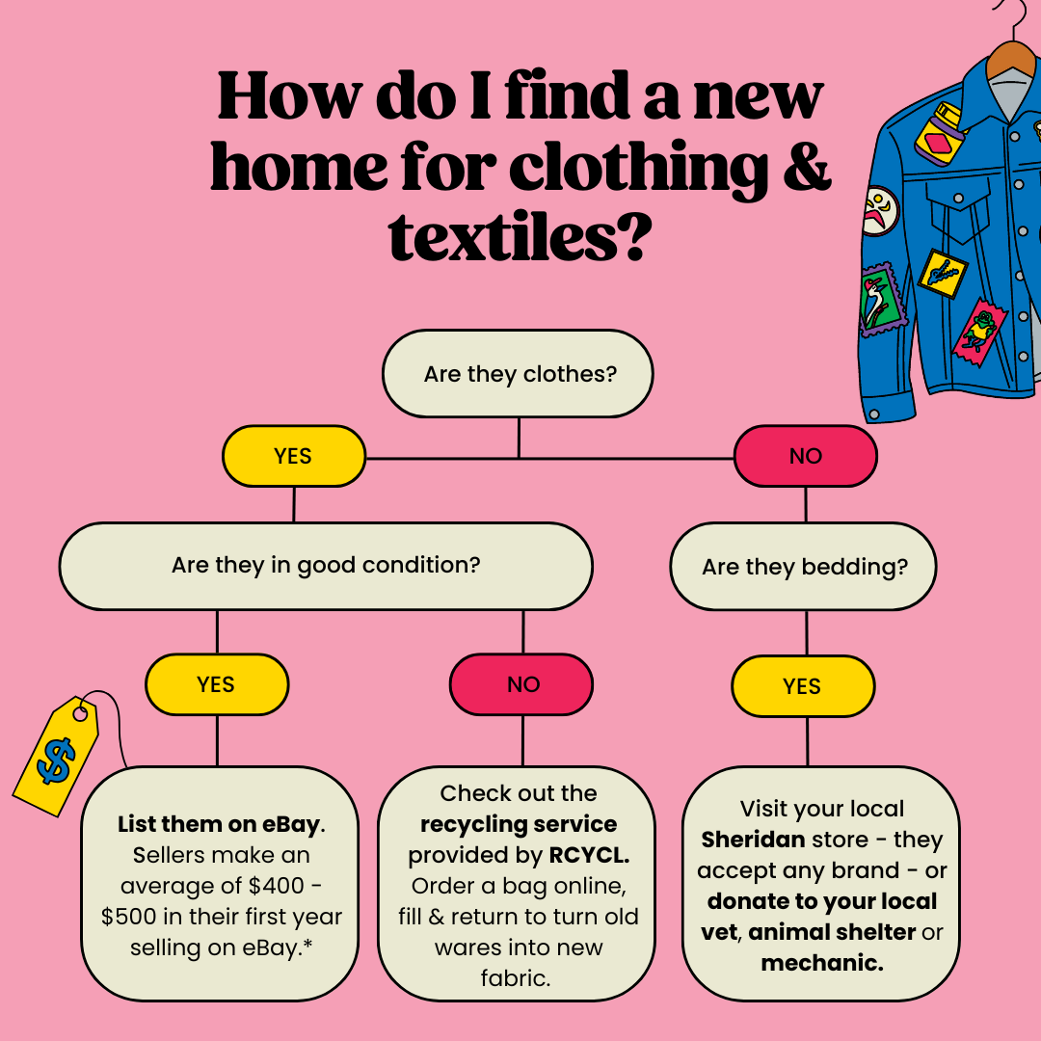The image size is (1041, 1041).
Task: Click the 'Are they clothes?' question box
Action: (518, 374)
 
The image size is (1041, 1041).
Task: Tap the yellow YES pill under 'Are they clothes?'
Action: (293, 456)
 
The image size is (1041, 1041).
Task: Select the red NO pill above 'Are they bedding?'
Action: (805, 456)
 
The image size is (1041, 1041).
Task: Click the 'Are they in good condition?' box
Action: (326, 566)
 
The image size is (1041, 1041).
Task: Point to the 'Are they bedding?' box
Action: (803, 567)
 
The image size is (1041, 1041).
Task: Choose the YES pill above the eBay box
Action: (217, 684)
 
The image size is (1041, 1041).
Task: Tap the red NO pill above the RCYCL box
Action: (521, 684)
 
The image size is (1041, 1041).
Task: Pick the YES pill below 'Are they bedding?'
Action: (803, 686)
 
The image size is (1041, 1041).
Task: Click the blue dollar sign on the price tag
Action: (57, 761)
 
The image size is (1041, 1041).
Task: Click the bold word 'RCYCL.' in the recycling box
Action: (589, 855)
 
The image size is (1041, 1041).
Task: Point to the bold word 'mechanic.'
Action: (822, 963)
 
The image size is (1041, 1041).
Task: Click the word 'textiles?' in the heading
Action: (518, 238)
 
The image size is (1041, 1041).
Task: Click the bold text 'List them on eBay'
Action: (219, 824)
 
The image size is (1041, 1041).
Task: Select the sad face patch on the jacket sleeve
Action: (880, 211)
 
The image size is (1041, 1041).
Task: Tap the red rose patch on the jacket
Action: (979, 332)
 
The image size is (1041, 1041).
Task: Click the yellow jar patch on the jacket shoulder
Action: (938, 133)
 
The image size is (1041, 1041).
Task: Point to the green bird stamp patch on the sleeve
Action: (882, 300)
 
